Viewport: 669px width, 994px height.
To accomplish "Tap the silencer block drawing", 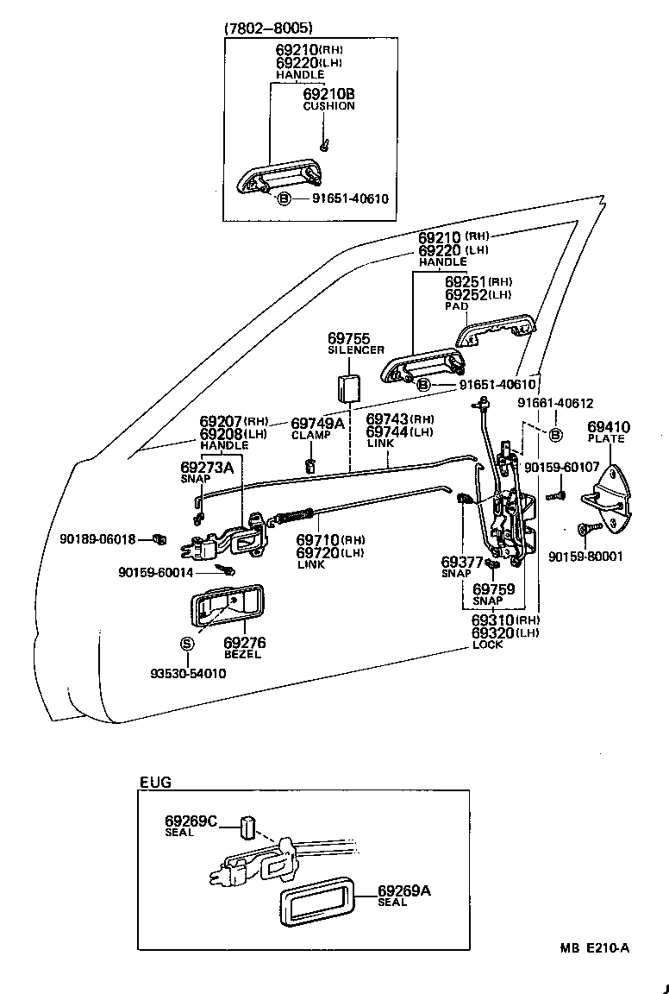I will click(350, 388).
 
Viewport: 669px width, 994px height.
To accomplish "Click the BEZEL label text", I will click(242, 655).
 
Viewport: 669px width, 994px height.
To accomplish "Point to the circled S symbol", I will click(187, 644).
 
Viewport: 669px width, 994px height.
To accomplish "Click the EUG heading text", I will click(155, 783).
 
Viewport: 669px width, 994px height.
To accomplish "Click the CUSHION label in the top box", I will click(328, 106).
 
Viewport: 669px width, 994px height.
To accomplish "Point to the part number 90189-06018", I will click(97, 539).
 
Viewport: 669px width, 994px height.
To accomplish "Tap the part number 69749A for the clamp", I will click(317, 423).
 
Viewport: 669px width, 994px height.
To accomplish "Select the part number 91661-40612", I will click(555, 403).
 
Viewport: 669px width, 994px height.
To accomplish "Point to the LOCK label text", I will click(487, 645).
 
